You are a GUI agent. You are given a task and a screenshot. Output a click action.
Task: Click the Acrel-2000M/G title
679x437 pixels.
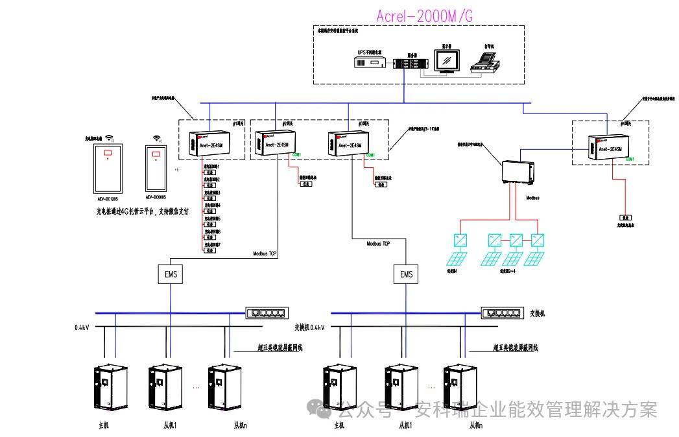point(424,16)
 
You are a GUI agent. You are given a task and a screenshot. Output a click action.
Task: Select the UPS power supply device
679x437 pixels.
point(371,62)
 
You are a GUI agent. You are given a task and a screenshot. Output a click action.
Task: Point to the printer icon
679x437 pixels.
point(485,62)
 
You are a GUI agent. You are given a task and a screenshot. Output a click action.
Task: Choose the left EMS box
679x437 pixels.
point(171,274)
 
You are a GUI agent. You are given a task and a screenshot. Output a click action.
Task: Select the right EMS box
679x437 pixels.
point(406,274)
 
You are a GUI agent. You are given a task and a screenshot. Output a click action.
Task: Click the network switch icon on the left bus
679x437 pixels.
point(265,313)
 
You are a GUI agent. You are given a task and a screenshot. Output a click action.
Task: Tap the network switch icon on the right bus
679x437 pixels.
point(501,313)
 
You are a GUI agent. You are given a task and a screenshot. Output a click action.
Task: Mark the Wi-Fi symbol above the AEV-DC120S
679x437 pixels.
point(110,137)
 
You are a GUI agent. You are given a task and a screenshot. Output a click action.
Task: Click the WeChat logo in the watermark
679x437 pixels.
point(319,408)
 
